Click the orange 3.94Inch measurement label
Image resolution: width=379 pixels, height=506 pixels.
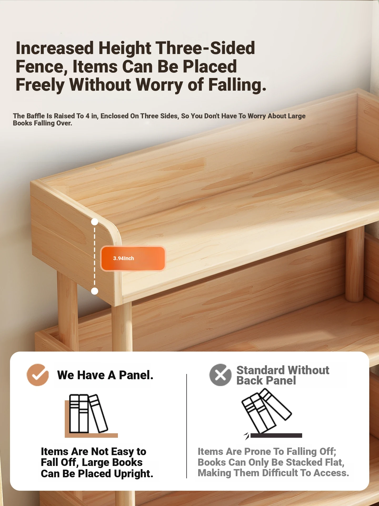pyautogui.click(x=133, y=258)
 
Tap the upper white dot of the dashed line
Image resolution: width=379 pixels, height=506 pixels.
pyautogui.click(x=94, y=222)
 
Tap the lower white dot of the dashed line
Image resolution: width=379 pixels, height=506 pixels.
pyautogui.click(x=94, y=291)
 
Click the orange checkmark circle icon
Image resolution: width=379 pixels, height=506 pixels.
pyautogui.click(x=38, y=375)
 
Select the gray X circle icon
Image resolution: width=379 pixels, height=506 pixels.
pyautogui.click(x=220, y=375)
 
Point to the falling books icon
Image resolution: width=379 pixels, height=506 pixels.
pyautogui.click(x=266, y=411)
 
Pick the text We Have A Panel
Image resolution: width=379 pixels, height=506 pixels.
pyautogui.click(x=105, y=375)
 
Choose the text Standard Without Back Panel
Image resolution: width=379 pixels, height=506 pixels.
pyautogui.click(x=283, y=375)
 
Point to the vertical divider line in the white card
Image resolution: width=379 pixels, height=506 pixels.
pyautogui.click(x=187, y=426)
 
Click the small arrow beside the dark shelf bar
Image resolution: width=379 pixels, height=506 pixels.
pyautogui.click(x=246, y=436)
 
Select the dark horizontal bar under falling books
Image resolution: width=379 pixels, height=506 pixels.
pyautogui.click(x=276, y=436)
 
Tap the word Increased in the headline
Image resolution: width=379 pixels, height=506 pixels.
pyautogui.click(x=55, y=48)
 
